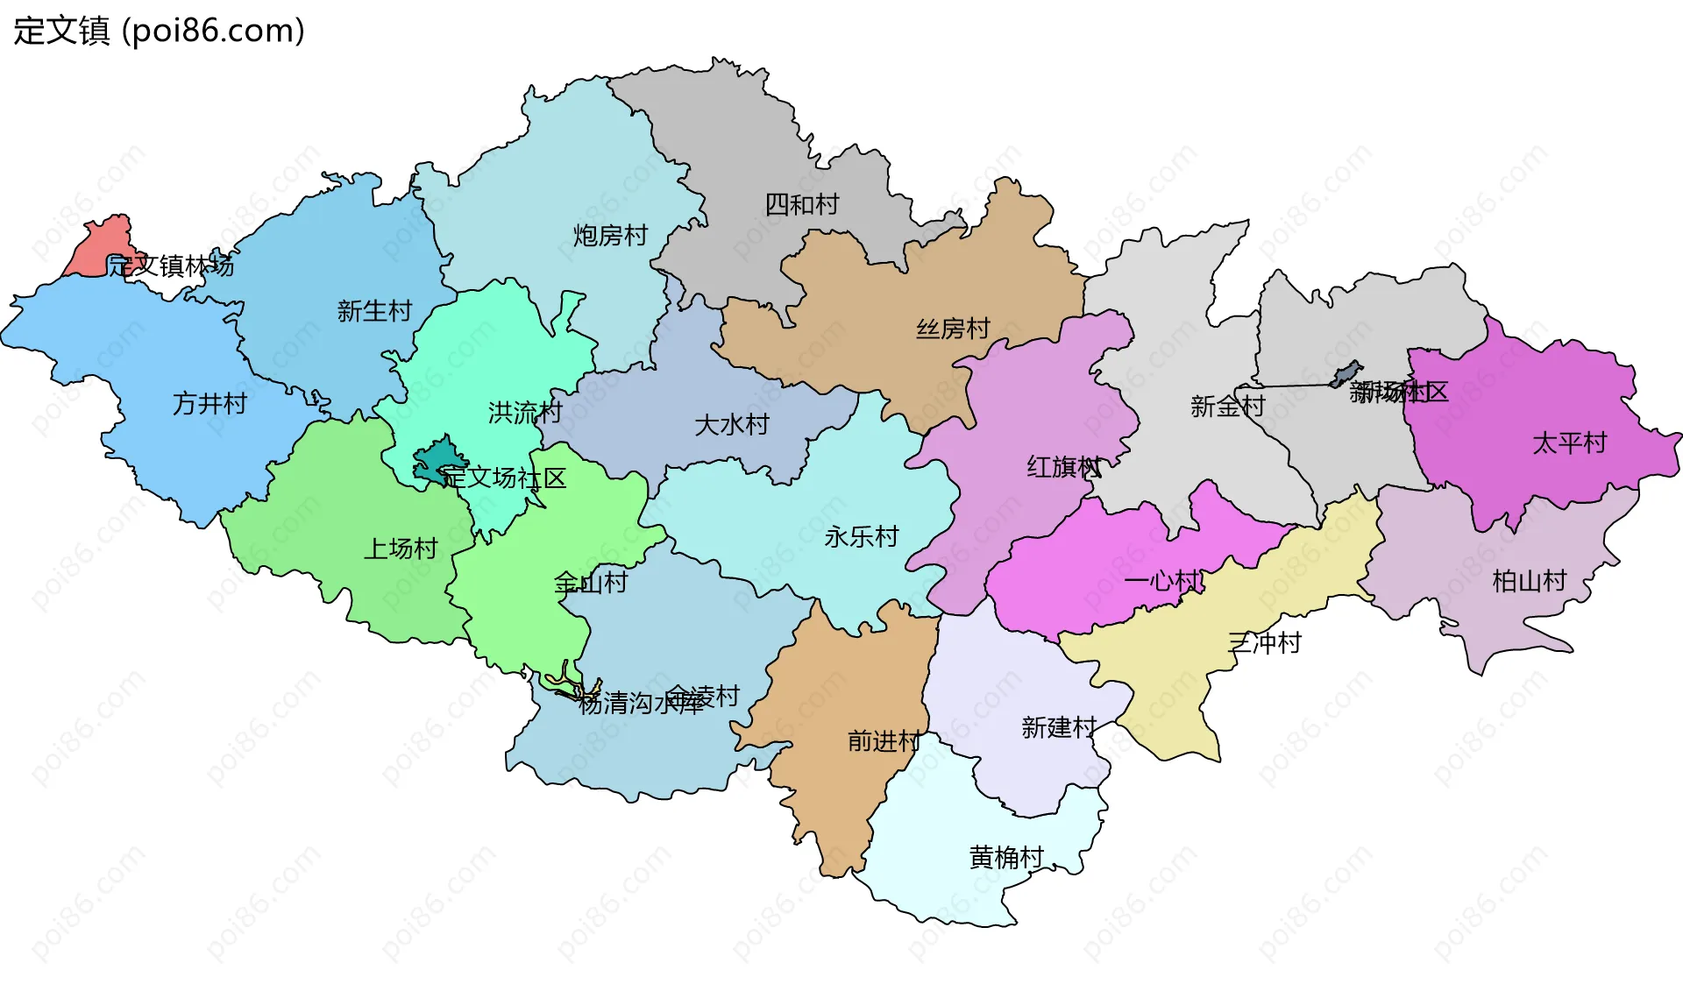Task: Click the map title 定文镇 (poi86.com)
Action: pos(159,31)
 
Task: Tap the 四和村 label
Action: pos(801,205)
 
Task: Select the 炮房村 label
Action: pos(610,236)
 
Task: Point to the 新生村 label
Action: pos(374,311)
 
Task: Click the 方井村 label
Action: pos(209,404)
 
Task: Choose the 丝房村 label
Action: pos(953,329)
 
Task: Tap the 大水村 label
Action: pos(731,425)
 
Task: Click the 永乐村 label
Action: pos(861,536)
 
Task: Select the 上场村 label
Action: pos(401,549)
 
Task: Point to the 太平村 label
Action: pos(1569,443)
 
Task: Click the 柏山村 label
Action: pos(1529,581)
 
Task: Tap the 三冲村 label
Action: pos(1264,643)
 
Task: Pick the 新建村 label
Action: pos(1059,727)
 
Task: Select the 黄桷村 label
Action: pos(1006,857)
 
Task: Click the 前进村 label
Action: pos(884,741)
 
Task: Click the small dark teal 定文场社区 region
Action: pos(436,461)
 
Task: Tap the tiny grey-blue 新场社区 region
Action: pos(1345,374)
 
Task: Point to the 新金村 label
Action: pos(1227,407)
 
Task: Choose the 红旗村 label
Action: pos(1063,467)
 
